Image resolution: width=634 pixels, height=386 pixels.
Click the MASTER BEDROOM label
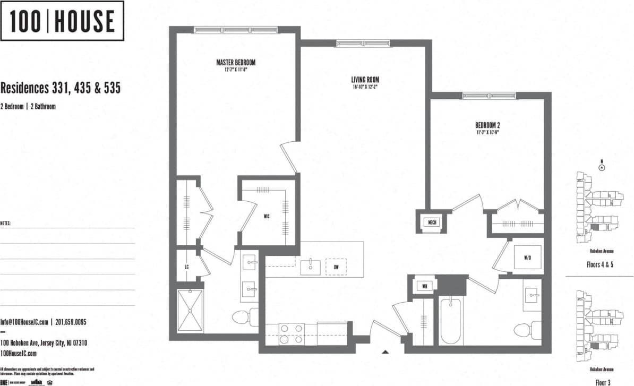click(232, 63)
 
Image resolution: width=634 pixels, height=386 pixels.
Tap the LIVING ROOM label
click(365, 80)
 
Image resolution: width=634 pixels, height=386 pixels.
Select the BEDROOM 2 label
click(487, 125)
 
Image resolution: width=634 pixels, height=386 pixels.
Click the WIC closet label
click(267, 216)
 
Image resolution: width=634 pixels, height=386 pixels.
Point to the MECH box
click(432, 222)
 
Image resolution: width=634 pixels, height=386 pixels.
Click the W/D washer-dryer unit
click(527, 258)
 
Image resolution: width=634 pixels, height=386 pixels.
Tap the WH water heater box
click(425, 287)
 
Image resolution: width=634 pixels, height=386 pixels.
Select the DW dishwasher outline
click(336, 267)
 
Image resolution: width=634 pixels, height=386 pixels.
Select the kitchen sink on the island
click(311, 267)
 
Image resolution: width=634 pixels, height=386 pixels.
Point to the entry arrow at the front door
click(386, 351)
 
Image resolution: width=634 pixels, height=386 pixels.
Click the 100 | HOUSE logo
click(63, 21)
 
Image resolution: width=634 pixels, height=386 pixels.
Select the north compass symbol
click(602, 167)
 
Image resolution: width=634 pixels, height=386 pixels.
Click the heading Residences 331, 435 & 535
click(61, 88)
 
